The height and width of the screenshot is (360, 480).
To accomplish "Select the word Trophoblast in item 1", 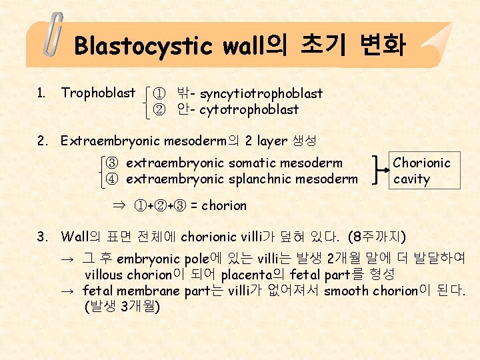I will tap(98, 93).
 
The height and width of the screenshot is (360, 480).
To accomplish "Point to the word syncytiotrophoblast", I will tap(261, 93).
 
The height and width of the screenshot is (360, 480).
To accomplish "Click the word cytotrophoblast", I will tap(249, 109).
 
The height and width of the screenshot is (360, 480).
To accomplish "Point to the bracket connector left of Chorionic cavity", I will tap(380, 171).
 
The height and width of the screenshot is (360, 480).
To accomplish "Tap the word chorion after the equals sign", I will tap(224, 205).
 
